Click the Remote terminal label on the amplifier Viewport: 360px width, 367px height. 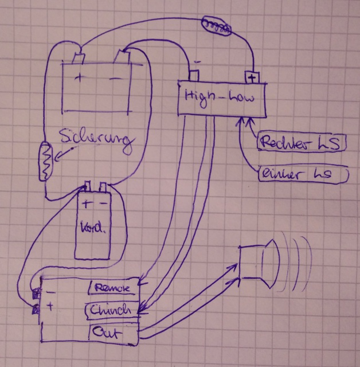point(114,287)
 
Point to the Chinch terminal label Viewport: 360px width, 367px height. point(112,310)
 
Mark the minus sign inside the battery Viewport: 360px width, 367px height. point(116,77)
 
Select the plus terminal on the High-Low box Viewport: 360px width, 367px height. point(251,76)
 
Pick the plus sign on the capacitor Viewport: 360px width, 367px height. point(85,204)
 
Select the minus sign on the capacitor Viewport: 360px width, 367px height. point(101,204)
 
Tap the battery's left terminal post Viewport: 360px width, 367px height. point(79,58)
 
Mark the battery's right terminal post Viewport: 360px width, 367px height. point(122,57)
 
